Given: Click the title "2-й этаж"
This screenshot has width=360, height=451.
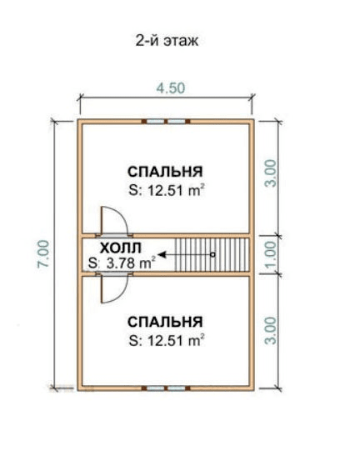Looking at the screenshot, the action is [167, 41].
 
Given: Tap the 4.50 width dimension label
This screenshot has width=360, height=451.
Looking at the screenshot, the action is [171, 88].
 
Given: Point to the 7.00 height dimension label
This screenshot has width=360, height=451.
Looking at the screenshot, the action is [43, 254].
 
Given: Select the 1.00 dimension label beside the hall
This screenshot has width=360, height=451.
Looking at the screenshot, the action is [271, 254].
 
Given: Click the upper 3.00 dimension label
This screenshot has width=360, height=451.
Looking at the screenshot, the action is [271, 173].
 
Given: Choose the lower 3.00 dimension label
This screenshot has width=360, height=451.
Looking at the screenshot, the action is [271, 330].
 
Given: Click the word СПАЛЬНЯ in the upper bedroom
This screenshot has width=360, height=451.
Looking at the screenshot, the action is [165, 172].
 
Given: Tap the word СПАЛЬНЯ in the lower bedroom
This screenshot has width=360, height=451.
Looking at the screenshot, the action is [165, 322].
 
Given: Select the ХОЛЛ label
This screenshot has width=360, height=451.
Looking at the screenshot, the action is [121, 248].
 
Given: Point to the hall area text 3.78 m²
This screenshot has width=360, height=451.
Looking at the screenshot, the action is [131, 263].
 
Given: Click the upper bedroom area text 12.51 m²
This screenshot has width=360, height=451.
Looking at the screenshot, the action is [176, 190].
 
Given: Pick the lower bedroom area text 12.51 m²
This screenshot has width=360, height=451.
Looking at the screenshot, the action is [176, 341].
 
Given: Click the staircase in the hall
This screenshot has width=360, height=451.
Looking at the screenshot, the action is [212, 254].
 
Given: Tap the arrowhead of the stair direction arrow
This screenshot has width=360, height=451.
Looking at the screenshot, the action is [162, 254].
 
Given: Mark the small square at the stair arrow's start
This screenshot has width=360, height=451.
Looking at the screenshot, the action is [212, 254].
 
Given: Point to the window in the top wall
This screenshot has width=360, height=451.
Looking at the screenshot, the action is [166, 122].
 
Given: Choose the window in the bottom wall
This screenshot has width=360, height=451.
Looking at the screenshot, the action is [166, 388].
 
